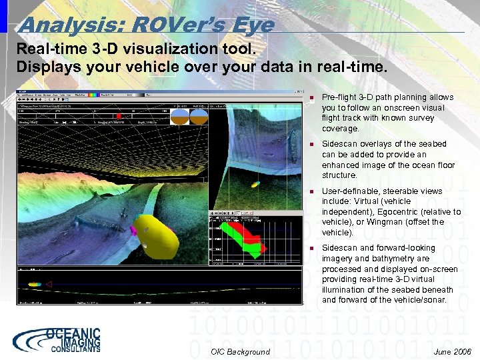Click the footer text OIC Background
point(240,351)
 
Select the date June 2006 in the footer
point(451,351)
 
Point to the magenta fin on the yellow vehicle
point(133,231)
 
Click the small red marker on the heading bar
point(119,116)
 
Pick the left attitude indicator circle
point(180,117)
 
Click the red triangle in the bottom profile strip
point(48,284)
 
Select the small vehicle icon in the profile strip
point(34,284)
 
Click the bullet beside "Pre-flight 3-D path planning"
point(311,97)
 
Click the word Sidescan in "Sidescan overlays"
point(339,144)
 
